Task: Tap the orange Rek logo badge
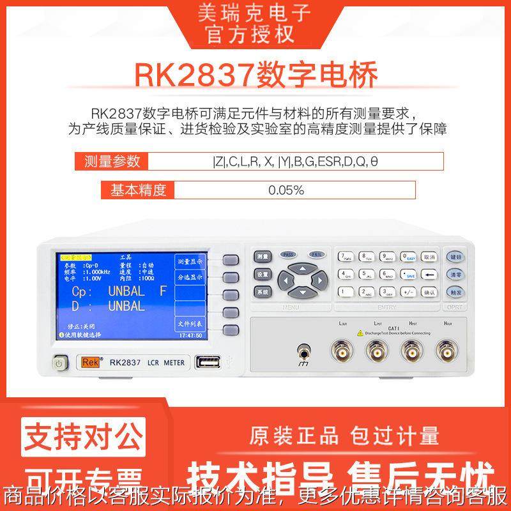tap(87, 363)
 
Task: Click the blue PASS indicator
tap(289, 254)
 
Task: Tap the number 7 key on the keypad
tap(346, 257)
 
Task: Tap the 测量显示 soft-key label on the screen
tap(190, 261)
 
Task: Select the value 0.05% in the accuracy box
tap(286, 190)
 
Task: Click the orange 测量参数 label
tap(112, 161)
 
